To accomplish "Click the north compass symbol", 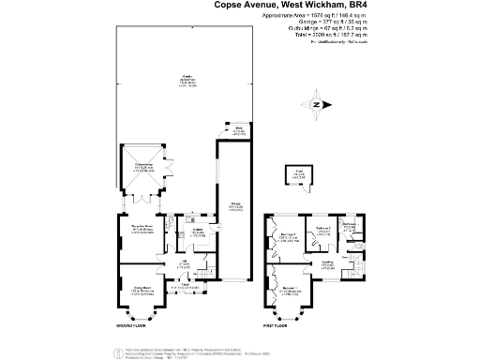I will [319, 105].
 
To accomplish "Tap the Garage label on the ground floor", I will [232, 207].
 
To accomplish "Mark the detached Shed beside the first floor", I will [299, 175].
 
